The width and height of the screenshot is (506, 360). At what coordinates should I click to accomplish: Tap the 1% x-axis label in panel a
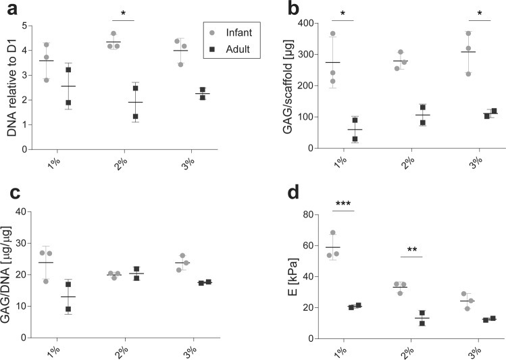coord(60,161)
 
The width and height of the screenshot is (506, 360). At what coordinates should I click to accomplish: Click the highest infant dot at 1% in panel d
coord(332,233)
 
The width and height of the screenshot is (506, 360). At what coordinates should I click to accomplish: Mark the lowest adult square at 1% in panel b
coord(355,139)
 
